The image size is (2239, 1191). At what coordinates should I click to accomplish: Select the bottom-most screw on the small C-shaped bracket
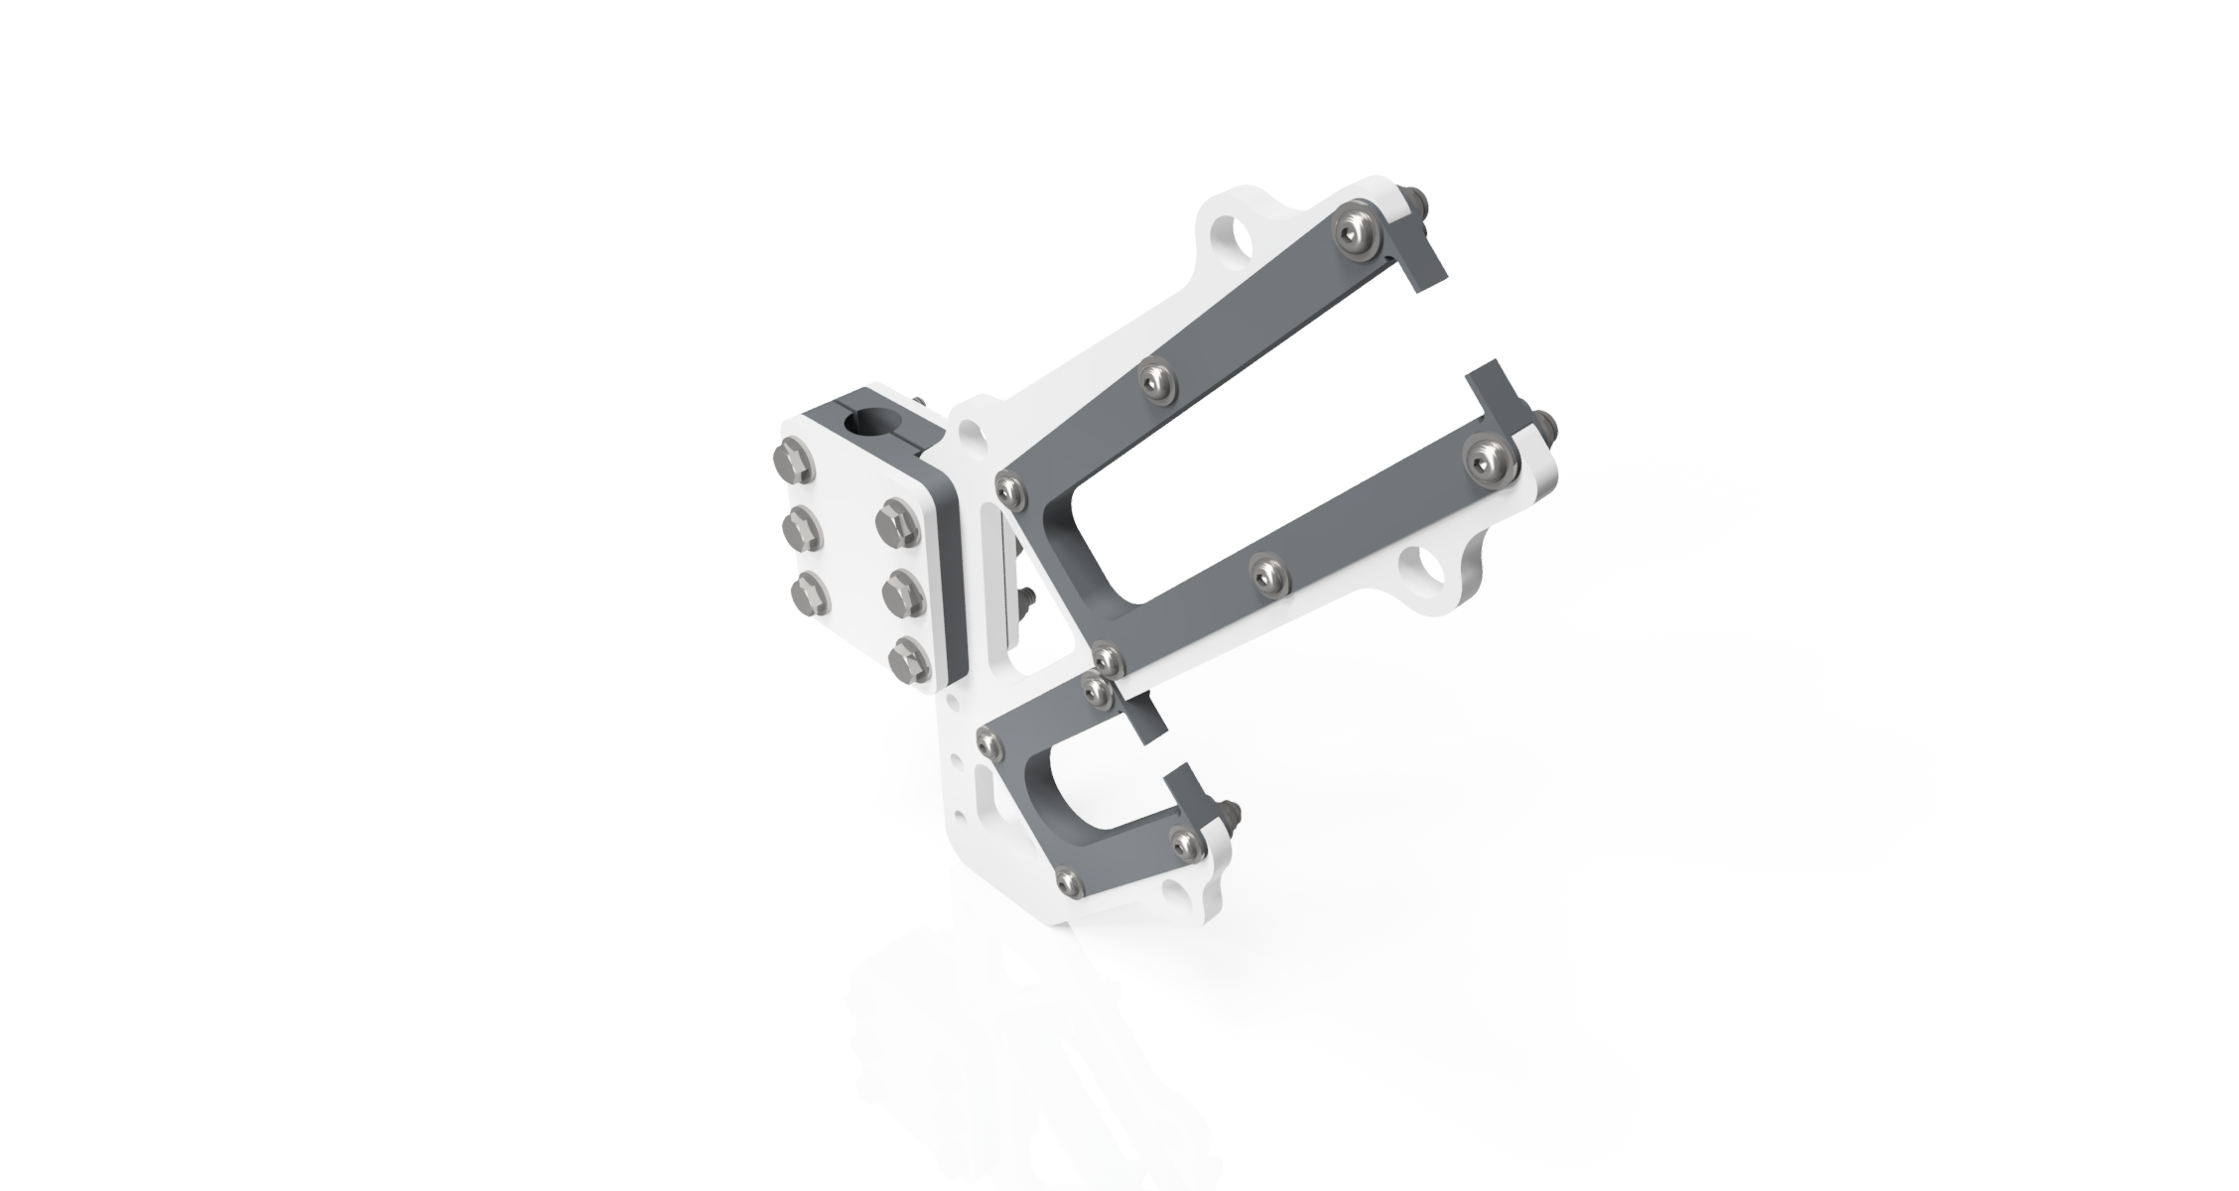(x=1066, y=877)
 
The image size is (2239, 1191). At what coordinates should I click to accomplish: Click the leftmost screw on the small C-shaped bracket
(x=988, y=735)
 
